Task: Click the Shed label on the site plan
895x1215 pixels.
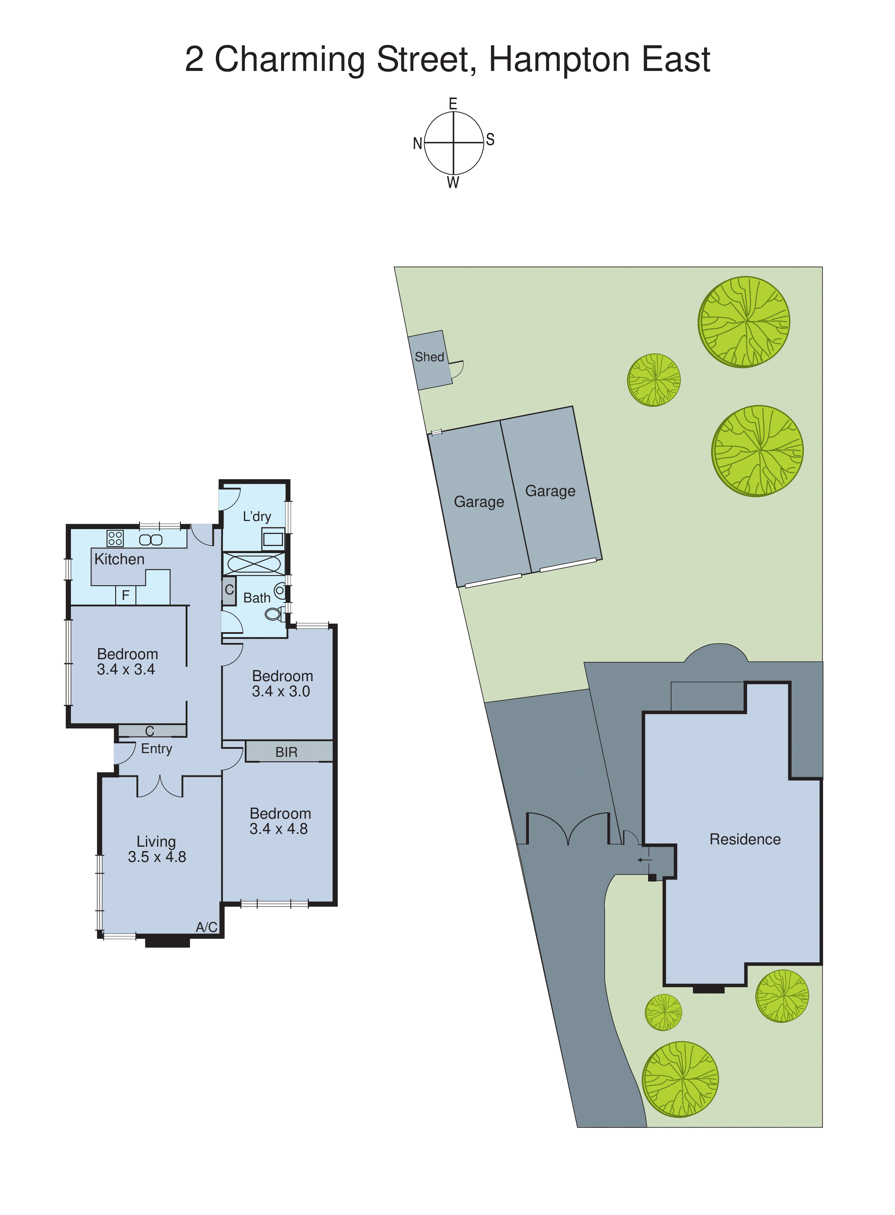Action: tap(429, 357)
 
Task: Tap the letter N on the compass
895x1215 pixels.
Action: tap(417, 144)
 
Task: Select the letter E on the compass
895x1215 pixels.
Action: tap(453, 103)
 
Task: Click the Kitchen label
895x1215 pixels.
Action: tap(119, 559)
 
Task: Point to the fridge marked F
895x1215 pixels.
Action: tap(126, 596)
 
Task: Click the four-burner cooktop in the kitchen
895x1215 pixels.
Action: tap(115, 538)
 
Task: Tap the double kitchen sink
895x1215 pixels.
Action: tap(151, 540)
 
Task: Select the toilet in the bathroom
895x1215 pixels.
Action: tap(274, 614)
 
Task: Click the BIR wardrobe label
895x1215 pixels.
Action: tap(286, 752)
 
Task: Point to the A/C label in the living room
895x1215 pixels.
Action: tap(206, 927)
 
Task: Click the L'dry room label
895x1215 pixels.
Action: tap(257, 517)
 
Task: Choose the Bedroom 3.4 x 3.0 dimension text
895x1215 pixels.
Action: tap(281, 692)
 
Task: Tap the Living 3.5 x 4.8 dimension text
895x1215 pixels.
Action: tap(157, 857)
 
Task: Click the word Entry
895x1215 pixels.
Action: tap(157, 749)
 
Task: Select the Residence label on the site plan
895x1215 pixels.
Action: tap(745, 839)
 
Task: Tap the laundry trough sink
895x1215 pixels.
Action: tap(273, 539)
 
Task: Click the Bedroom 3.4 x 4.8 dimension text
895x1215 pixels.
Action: tap(279, 828)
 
